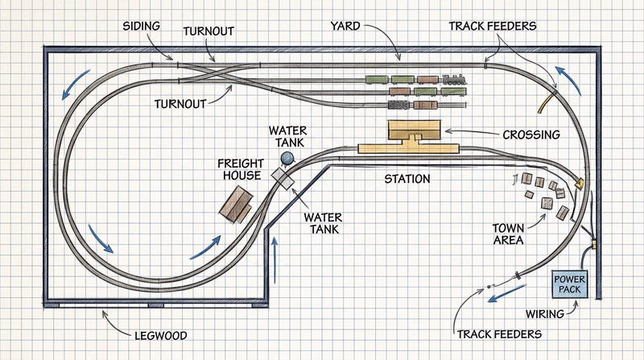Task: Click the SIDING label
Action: (x=140, y=27)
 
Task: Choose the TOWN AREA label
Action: (x=509, y=234)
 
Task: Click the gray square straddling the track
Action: (x=282, y=176)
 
